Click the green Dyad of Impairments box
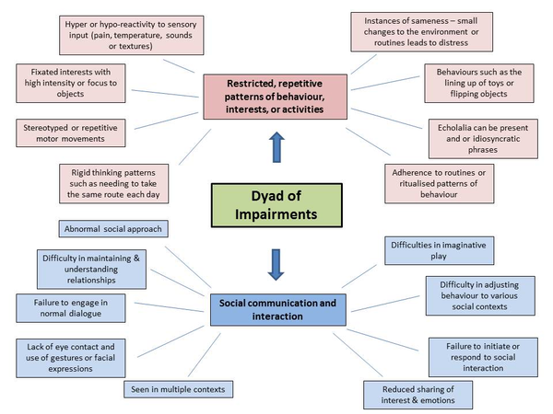point(276,205)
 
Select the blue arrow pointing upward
point(276,147)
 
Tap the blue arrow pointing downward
point(276,265)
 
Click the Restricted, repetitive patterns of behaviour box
point(275,97)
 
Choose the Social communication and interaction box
point(278,310)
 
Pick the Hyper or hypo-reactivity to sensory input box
point(131,35)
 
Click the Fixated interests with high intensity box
point(71,83)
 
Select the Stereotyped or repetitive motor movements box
point(71,133)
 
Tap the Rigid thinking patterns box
point(113,183)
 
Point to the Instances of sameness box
point(421,31)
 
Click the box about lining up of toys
point(479,83)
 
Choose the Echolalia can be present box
point(483,139)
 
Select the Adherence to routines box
point(439,183)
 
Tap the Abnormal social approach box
point(113,229)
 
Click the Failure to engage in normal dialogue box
point(71,308)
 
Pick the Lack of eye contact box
point(71,358)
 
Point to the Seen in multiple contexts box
point(178,389)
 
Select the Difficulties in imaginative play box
point(439,250)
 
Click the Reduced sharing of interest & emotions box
point(418,395)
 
